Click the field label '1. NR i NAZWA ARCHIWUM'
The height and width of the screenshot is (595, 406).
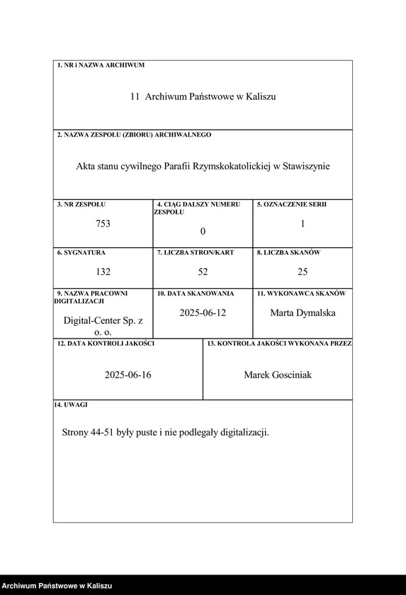(101, 65)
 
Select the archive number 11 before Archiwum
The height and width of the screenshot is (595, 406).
(135, 96)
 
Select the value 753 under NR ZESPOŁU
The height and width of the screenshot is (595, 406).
(103, 224)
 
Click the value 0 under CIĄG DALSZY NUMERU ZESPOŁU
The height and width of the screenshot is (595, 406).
(203, 232)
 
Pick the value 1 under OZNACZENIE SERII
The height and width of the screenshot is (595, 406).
(303, 224)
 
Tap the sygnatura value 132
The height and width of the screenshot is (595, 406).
(103, 271)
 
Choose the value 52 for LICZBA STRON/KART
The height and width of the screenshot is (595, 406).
(203, 271)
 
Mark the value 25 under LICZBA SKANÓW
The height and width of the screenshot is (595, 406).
(303, 271)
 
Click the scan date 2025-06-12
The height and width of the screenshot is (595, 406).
(203, 312)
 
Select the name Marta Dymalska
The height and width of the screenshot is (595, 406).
(303, 312)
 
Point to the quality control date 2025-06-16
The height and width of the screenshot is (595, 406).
(128, 375)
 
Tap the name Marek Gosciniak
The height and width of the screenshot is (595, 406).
(278, 375)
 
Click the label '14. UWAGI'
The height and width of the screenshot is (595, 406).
(71, 405)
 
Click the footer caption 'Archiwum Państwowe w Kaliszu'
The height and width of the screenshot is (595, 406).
(57, 586)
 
